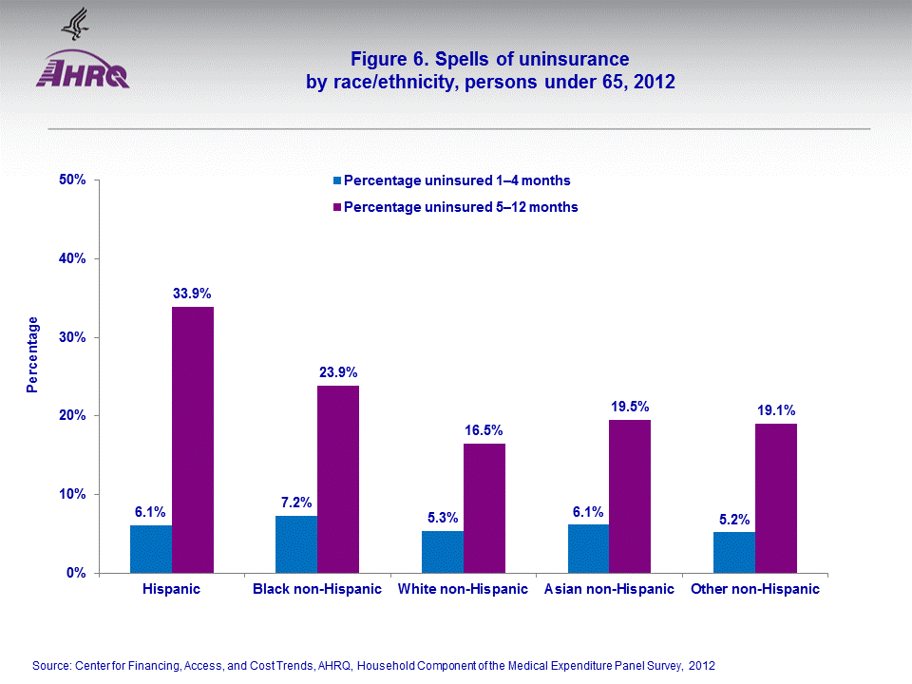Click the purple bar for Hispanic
click(x=193, y=440)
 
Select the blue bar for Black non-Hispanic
click(x=296, y=544)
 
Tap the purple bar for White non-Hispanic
click(x=484, y=508)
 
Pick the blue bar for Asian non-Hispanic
click(x=588, y=548)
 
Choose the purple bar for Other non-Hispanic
click(x=776, y=498)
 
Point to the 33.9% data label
click(x=193, y=294)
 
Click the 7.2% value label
click(x=296, y=503)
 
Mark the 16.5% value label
click(x=484, y=430)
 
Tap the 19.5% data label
click(x=630, y=407)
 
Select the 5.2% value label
click(x=734, y=519)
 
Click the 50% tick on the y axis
click(x=74, y=180)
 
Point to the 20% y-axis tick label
click(x=74, y=415)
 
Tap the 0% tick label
click(x=78, y=573)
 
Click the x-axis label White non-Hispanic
click(x=463, y=589)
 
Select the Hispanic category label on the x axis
click(x=171, y=589)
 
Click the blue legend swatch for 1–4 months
click(x=336, y=180)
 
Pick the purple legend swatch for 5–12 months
click(x=336, y=206)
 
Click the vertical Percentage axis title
click(x=33, y=354)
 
